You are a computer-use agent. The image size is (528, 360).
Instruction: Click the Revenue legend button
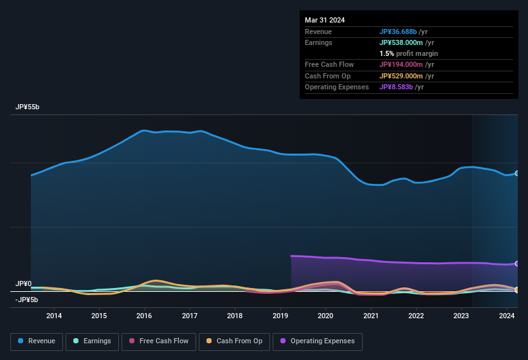(x=36, y=341)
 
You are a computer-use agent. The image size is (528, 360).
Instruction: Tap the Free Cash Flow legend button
(x=159, y=341)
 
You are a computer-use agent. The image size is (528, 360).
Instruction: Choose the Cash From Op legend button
(x=233, y=341)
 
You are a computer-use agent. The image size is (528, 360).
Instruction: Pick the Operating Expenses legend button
(x=318, y=341)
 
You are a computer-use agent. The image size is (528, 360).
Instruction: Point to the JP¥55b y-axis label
(x=28, y=107)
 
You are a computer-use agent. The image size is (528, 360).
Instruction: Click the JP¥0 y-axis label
(x=24, y=283)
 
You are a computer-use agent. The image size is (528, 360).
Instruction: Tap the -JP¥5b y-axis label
(x=26, y=300)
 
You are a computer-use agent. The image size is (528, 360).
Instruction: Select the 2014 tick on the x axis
(x=54, y=316)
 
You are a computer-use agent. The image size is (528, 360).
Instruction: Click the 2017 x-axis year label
(x=190, y=316)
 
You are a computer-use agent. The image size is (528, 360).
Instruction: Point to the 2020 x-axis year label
(x=325, y=316)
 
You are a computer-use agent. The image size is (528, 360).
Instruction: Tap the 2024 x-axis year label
(x=506, y=316)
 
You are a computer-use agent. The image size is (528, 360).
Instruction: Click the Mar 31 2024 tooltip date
(x=325, y=20)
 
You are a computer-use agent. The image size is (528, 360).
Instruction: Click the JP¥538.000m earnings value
(x=406, y=42)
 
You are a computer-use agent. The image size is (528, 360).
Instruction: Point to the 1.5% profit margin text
(x=408, y=53)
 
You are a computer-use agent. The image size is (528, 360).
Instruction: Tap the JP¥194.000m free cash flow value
(x=406, y=64)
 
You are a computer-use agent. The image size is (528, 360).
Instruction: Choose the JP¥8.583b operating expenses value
(x=401, y=87)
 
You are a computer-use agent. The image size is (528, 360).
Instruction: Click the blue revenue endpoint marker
(x=516, y=174)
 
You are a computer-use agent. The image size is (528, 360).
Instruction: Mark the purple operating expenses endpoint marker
(x=516, y=264)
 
